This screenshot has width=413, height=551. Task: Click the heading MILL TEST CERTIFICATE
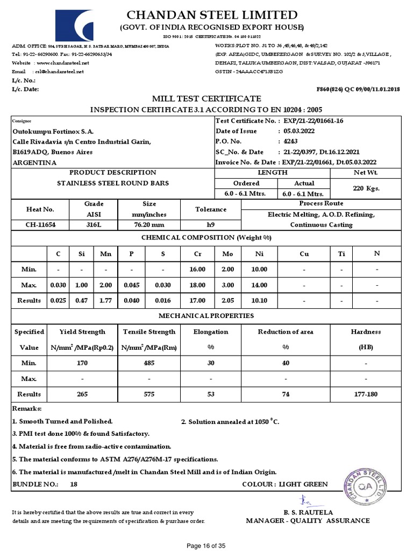pyautogui.click(x=206, y=98)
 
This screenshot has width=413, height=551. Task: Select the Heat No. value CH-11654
pyautogui.click(x=40, y=224)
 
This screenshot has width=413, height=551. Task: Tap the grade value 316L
pyautogui.click(x=94, y=224)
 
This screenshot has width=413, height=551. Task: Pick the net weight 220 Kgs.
pyautogui.click(x=366, y=188)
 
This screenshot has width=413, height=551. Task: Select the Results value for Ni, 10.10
pyautogui.click(x=259, y=300)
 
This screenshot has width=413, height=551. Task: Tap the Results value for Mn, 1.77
pyautogui.click(x=105, y=300)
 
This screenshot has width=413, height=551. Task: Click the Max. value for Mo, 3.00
pyautogui.click(x=227, y=285)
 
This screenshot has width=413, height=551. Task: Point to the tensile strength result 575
pyautogui.click(x=149, y=394)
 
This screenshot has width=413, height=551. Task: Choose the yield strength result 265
pyautogui.click(x=82, y=394)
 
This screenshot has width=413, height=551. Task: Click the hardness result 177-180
pyautogui.click(x=366, y=394)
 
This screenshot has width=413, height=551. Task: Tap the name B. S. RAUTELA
pyautogui.click(x=308, y=512)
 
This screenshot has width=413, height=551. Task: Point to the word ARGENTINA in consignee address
pyautogui.click(x=34, y=163)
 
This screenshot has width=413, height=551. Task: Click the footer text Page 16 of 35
pyautogui.click(x=206, y=546)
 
